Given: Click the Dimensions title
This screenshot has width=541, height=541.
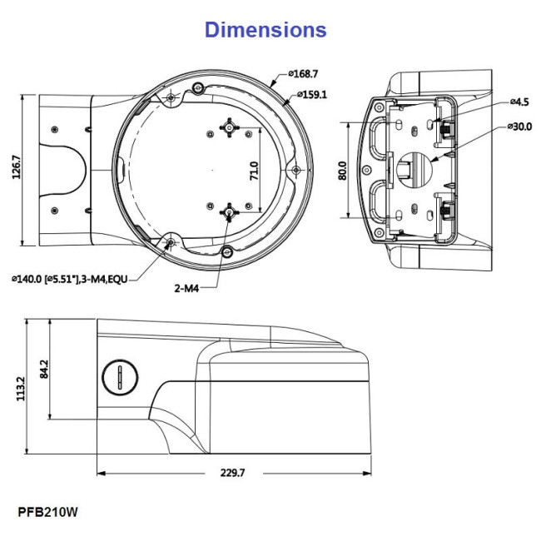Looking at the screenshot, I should click(x=266, y=29).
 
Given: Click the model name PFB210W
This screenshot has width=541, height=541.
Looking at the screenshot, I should click(x=52, y=510).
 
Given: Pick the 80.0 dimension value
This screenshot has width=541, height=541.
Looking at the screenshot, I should click(x=342, y=171).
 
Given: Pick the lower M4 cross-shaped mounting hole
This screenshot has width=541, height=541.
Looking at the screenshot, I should click(x=228, y=211).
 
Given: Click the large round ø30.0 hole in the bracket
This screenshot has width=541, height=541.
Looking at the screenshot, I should click(x=414, y=167).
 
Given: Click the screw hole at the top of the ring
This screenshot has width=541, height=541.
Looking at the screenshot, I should click(x=197, y=88).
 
